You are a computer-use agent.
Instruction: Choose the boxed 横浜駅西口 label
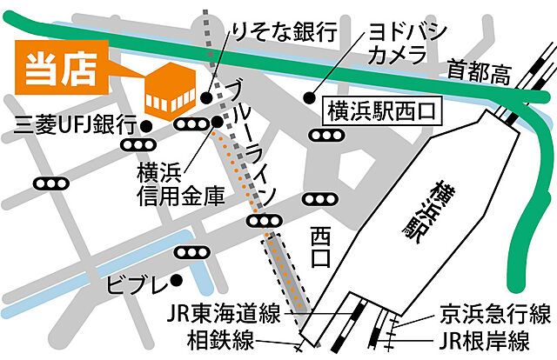click(380, 111)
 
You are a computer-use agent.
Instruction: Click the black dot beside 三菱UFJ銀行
click(146, 126)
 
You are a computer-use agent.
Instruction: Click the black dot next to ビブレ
click(177, 280)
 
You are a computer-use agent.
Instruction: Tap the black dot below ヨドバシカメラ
click(307, 97)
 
